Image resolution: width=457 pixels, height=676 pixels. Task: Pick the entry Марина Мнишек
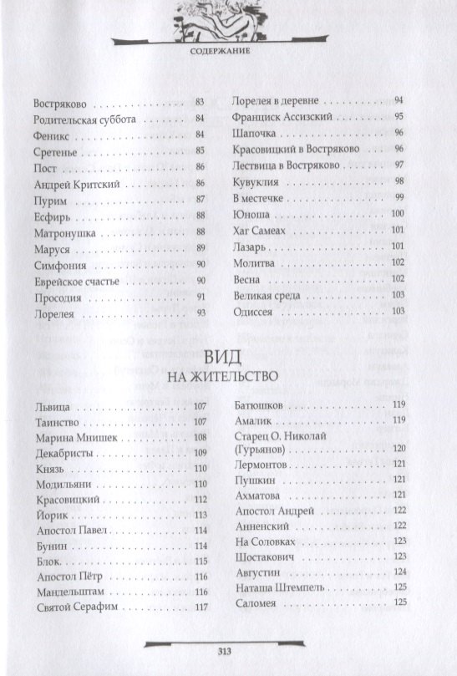coord(74,437)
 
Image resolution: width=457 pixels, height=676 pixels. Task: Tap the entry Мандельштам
coord(69,591)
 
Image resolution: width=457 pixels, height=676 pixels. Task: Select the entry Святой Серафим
coord(74,607)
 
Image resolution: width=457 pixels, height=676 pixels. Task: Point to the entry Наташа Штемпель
coord(277,587)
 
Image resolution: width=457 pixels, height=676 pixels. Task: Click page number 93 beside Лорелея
coord(201,313)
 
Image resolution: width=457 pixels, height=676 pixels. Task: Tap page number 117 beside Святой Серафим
coord(201,607)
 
